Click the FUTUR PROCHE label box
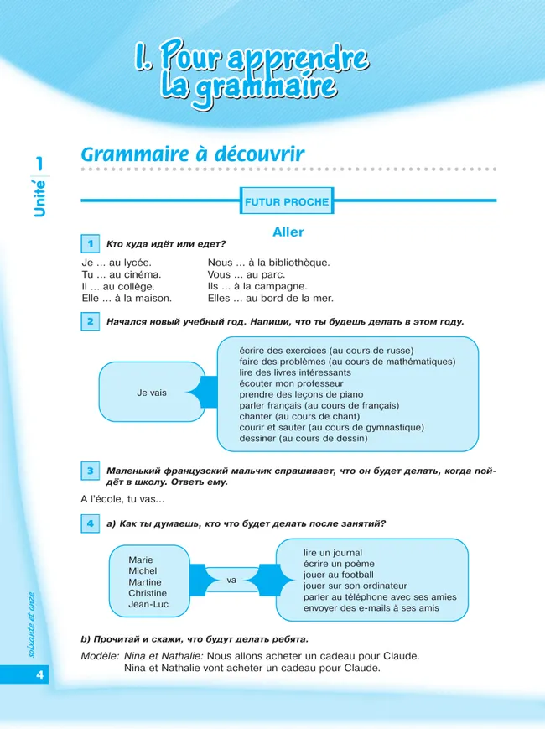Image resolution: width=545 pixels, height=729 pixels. [287, 201]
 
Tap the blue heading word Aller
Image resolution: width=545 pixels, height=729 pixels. [288, 232]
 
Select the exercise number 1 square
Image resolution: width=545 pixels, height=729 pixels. [90, 243]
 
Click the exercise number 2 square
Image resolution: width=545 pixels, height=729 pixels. [90, 321]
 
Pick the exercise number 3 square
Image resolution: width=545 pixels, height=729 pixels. [90, 471]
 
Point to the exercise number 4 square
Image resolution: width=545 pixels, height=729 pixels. [90, 523]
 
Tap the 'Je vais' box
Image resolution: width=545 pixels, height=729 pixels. [152, 393]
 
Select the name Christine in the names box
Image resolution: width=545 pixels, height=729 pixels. [148, 593]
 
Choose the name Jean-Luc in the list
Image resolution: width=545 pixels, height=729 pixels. [148, 604]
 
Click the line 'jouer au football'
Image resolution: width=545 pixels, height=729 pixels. [339, 575]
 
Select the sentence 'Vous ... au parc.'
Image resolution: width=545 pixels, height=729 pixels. [247, 274]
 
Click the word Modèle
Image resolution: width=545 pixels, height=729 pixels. [99, 656]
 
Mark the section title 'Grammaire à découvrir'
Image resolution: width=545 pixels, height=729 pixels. [192, 155]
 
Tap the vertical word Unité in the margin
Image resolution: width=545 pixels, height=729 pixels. [39, 199]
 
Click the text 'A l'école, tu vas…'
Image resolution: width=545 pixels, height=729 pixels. [122, 500]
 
